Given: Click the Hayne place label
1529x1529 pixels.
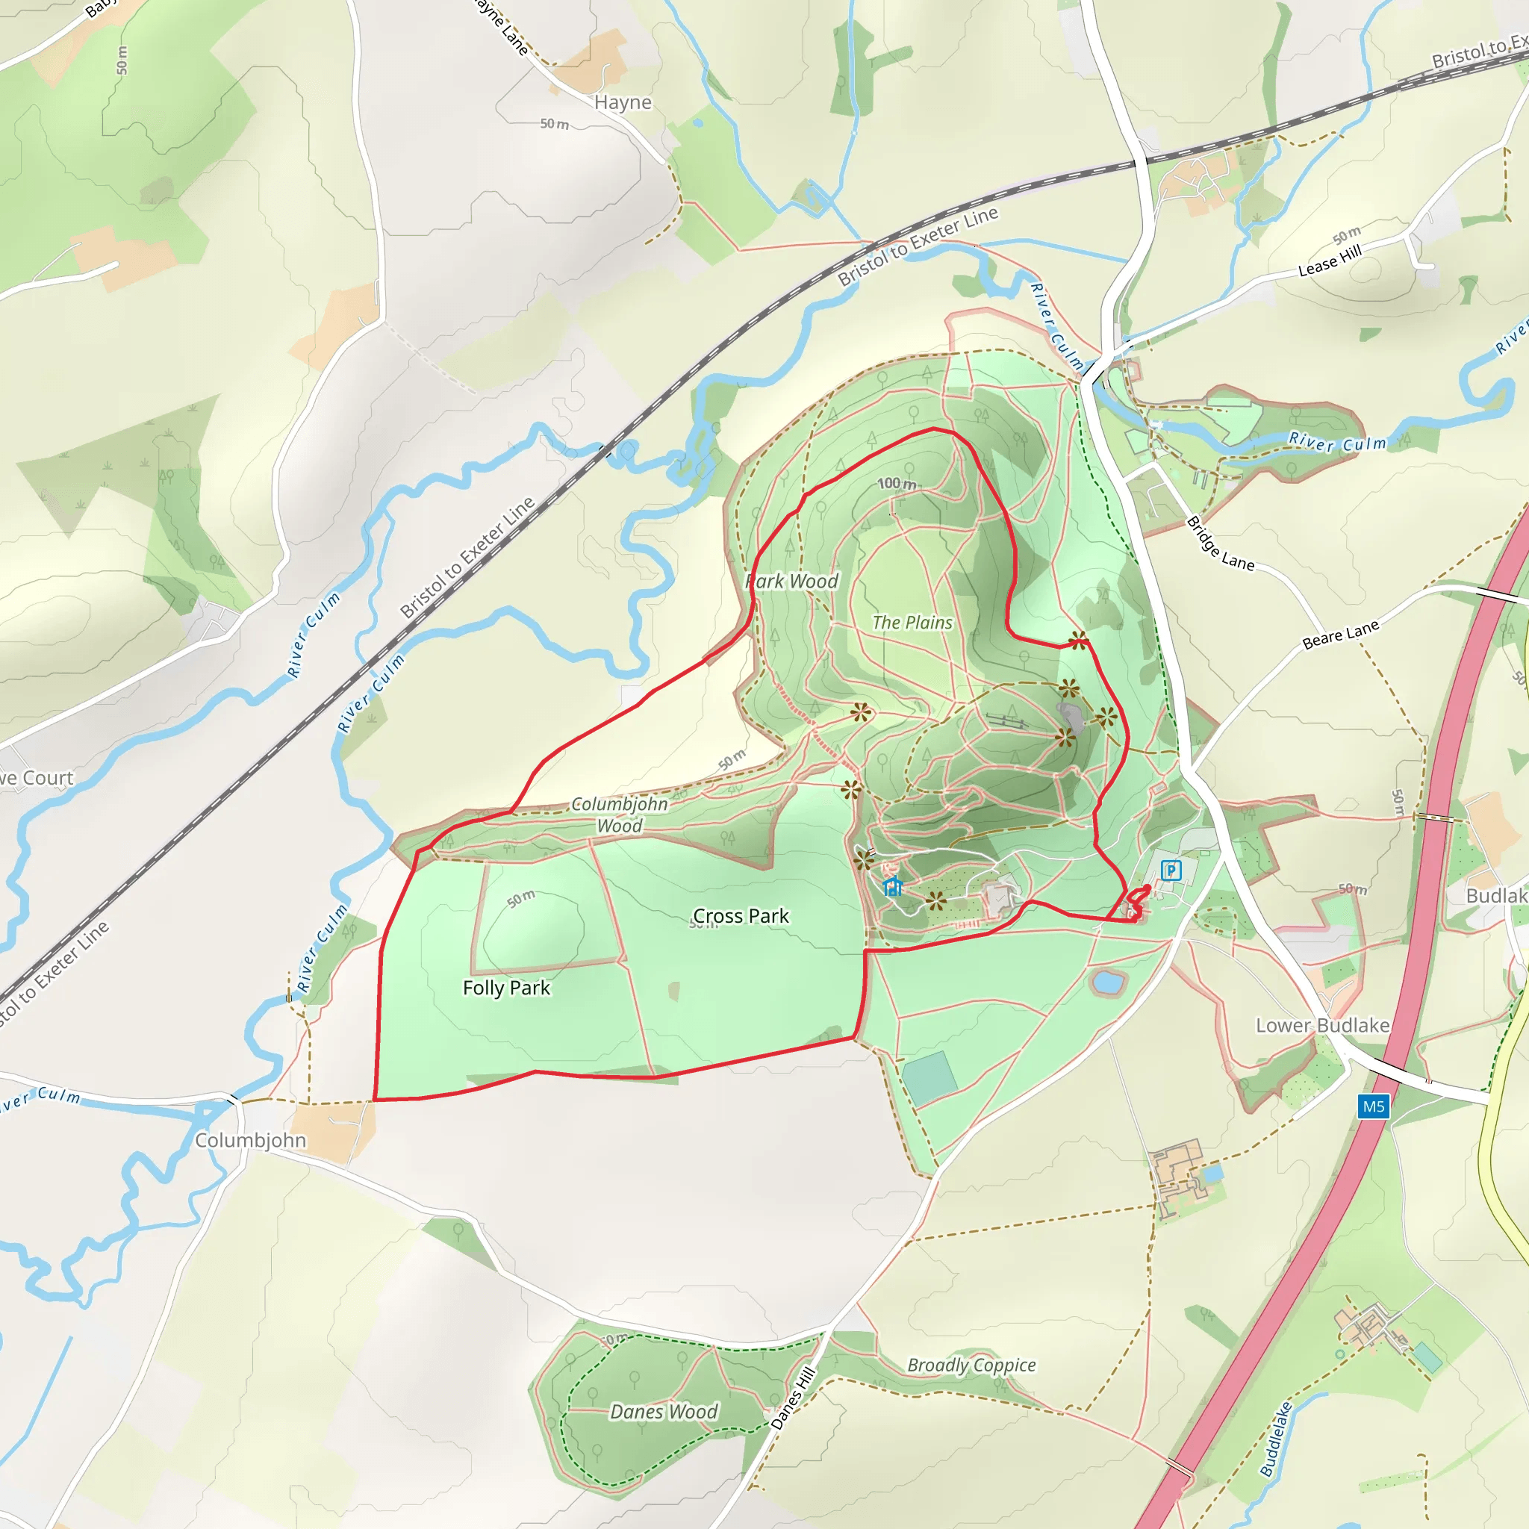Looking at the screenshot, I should [x=623, y=102].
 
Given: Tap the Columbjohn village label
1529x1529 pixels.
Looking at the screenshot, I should [x=250, y=1141].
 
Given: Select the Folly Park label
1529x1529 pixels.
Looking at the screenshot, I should [x=506, y=988].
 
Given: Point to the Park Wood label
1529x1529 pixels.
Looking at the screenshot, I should [x=792, y=581].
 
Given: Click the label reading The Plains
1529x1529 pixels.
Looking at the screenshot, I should [x=912, y=623].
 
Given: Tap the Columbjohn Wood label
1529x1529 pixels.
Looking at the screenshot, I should [x=620, y=815].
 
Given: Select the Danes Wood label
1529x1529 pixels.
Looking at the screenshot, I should [x=663, y=1412].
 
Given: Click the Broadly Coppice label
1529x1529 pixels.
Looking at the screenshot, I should [x=971, y=1365].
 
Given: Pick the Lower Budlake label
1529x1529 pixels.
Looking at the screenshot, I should [x=1322, y=1026].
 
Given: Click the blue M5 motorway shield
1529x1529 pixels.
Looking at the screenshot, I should [x=1373, y=1106].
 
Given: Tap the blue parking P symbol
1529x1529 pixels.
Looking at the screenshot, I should [x=1171, y=871].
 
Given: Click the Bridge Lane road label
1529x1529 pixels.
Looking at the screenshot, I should [x=1220, y=544].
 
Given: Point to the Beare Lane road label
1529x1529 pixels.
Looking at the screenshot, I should [x=1341, y=635].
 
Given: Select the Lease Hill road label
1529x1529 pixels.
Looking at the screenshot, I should [x=1330, y=261].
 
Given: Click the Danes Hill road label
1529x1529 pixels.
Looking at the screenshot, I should [x=793, y=1398].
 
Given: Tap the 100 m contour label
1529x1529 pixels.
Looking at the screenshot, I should [x=897, y=484].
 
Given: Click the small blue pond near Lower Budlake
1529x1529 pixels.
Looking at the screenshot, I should [x=1107, y=983].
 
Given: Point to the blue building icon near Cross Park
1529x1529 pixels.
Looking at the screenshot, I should [x=893, y=887].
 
